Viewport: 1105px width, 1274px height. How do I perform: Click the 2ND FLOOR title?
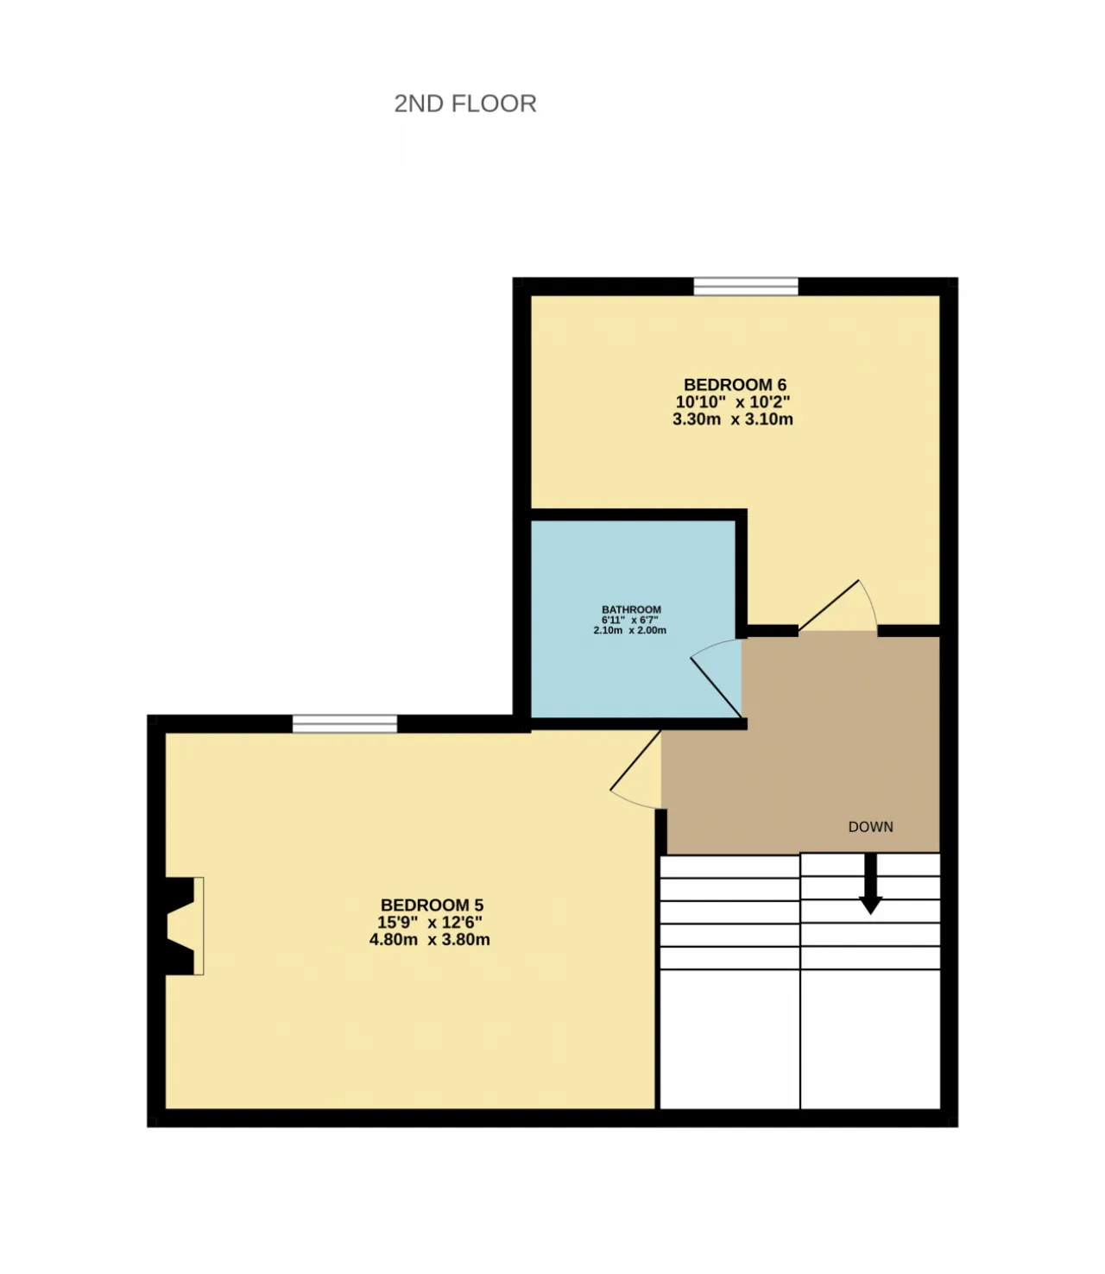click(x=465, y=104)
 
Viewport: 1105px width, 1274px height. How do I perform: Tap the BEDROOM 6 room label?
click(x=735, y=385)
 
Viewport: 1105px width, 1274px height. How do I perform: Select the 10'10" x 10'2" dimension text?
click(x=733, y=402)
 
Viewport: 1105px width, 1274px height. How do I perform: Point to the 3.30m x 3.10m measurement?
click(x=733, y=419)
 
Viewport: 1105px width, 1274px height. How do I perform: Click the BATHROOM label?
click(x=631, y=609)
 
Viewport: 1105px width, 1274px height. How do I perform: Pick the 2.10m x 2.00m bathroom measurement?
click(x=629, y=631)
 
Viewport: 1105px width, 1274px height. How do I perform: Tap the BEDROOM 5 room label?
click(x=432, y=905)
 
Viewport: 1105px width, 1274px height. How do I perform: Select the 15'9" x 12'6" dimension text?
click(x=430, y=922)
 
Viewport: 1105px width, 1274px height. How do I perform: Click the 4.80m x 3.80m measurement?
click(x=430, y=939)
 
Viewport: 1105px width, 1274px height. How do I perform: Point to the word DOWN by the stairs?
click(x=871, y=827)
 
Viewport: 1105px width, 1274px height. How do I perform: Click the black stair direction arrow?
click(x=871, y=883)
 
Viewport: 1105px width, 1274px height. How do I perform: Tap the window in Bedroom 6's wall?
click(x=746, y=287)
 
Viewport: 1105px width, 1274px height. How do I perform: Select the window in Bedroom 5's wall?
click(x=344, y=723)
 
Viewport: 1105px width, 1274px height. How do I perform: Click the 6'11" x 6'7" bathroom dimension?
click(x=629, y=620)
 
